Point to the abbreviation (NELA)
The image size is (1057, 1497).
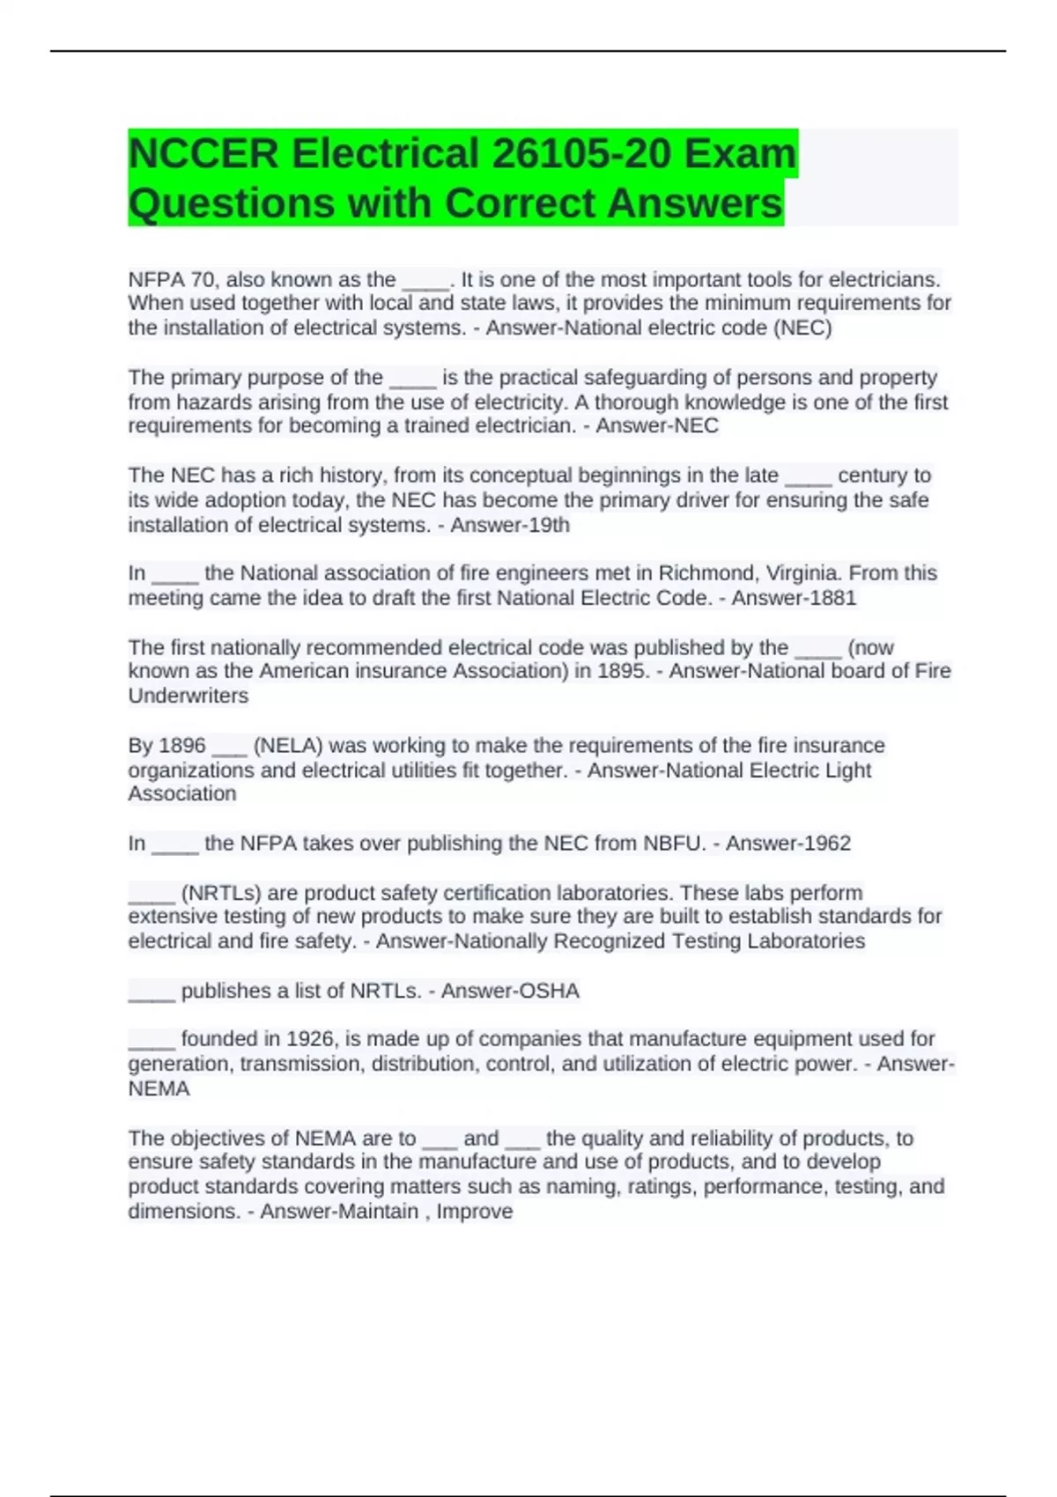pyautogui.click(x=288, y=745)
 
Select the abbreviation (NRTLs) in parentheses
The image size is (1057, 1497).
pyautogui.click(x=220, y=892)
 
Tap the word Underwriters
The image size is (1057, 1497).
pyautogui.click(x=188, y=696)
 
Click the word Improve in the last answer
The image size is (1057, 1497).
pyautogui.click(x=475, y=1211)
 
